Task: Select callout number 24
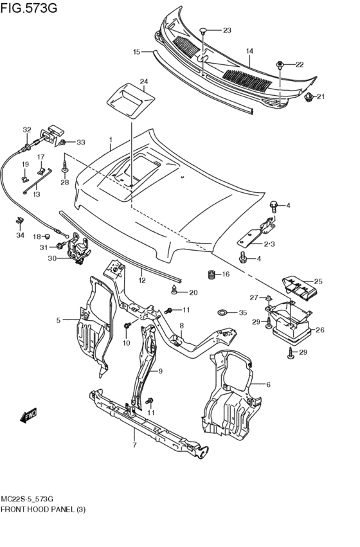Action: [144, 82]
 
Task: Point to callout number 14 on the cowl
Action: [249, 51]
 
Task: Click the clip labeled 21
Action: [309, 98]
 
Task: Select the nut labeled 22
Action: [281, 64]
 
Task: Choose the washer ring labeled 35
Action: [222, 313]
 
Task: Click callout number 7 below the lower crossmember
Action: [134, 445]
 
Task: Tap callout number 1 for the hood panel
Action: [110, 139]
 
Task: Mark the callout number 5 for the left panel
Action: [58, 319]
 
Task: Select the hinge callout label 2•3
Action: [269, 244]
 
